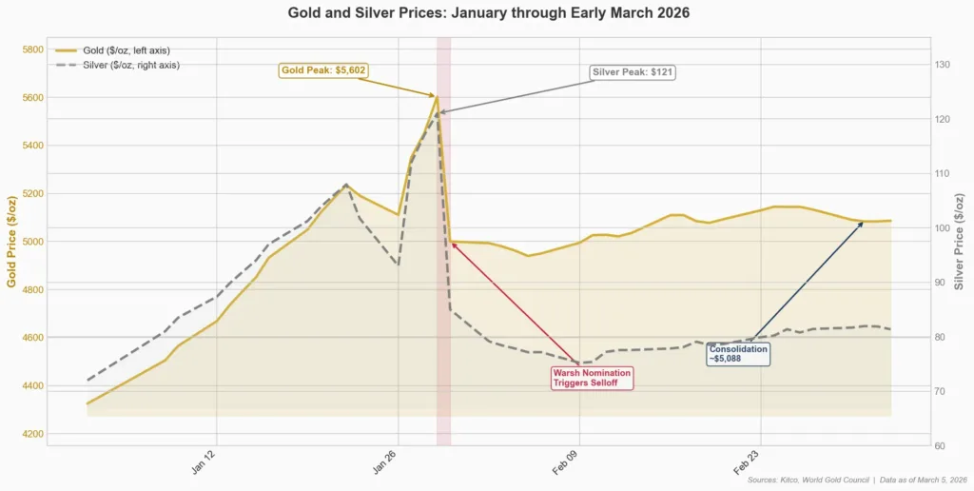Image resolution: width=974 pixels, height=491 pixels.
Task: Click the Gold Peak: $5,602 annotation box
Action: point(323,70)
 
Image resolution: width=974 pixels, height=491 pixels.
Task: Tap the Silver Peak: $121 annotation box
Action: point(633,72)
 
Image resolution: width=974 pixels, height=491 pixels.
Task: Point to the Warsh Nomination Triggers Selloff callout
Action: point(592,378)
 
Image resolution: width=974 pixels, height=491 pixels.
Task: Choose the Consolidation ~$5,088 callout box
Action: point(738,354)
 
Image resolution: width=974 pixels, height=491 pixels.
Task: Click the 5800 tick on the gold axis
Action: point(31,49)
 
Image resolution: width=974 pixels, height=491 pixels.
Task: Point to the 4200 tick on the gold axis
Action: point(31,434)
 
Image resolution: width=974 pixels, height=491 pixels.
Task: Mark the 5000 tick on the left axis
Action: point(31,242)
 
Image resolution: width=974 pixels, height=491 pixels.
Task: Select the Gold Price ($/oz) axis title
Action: point(11,242)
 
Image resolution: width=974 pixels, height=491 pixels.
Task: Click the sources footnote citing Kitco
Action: point(857,480)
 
